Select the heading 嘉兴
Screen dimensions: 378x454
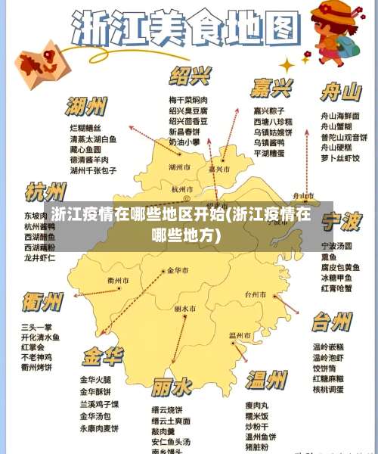click(x=272, y=88)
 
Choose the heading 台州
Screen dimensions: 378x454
click(x=331, y=322)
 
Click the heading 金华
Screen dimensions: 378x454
click(x=102, y=356)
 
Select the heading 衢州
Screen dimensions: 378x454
click(x=43, y=303)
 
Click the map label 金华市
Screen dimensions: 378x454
click(x=179, y=270)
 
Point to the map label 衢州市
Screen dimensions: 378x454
click(x=119, y=281)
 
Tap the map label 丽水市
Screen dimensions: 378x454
click(x=184, y=309)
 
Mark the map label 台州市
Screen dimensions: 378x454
click(x=256, y=294)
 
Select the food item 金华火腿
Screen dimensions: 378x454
click(x=96, y=379)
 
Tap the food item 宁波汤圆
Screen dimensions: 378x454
click(x=336, y=246)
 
